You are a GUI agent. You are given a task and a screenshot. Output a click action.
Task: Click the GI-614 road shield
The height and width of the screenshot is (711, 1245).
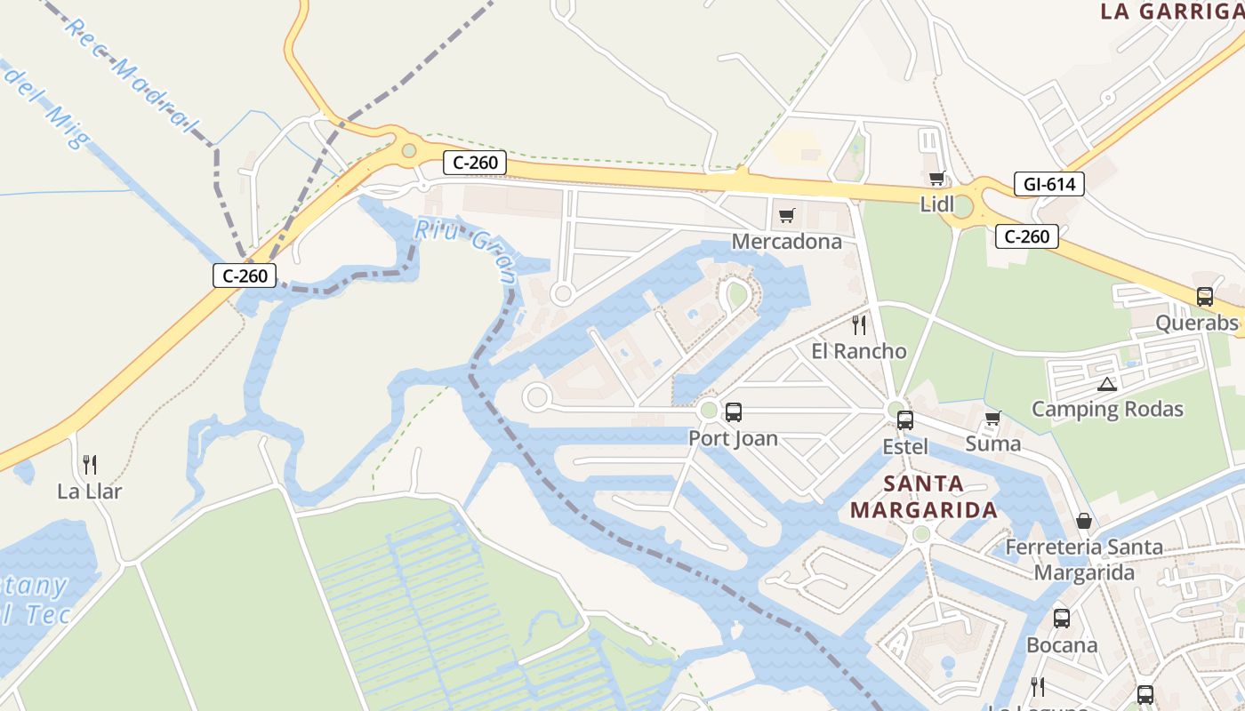pos(1049,185)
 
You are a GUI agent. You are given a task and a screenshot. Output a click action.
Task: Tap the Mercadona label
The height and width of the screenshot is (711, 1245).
pos(786,242)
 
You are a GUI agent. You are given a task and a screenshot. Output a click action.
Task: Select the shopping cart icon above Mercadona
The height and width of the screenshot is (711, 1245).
pos(786,215)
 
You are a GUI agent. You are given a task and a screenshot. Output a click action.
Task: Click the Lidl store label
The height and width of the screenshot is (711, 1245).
pos(936,204)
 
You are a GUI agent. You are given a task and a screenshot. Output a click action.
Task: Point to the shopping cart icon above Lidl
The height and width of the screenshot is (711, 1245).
pos(936,179)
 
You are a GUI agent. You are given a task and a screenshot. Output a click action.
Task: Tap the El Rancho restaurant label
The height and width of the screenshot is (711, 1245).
pos(859,351)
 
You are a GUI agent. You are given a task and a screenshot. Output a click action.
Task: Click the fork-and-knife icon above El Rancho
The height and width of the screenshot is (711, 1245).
pos(859,324)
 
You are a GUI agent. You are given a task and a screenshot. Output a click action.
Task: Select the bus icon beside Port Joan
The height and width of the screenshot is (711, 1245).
pos(734,412)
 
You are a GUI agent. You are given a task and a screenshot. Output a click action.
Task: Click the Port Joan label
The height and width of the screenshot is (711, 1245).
pos(733,438)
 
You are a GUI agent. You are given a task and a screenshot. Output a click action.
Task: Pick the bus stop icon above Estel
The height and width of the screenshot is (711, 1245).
pos(905,420)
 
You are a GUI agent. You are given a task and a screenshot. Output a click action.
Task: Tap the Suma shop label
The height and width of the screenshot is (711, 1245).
pos(992,443)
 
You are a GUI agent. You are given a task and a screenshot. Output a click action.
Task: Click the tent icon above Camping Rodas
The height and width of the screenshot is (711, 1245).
pos(1106,384)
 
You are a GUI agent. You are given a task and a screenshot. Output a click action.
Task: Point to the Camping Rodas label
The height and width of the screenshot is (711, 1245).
pos(1107,409)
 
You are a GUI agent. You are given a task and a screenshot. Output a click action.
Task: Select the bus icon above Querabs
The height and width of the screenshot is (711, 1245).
pos(1205,297)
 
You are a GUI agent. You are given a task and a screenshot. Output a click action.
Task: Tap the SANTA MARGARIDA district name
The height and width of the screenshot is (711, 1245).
pos(924,497)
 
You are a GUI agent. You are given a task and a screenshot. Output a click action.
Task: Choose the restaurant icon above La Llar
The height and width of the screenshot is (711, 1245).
pos(90,464)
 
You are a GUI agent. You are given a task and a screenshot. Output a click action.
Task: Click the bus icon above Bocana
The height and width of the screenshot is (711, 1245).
pos(1061,619)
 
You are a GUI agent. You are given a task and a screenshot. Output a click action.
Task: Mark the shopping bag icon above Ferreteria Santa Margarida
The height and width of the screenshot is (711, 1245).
pos(1083,521)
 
